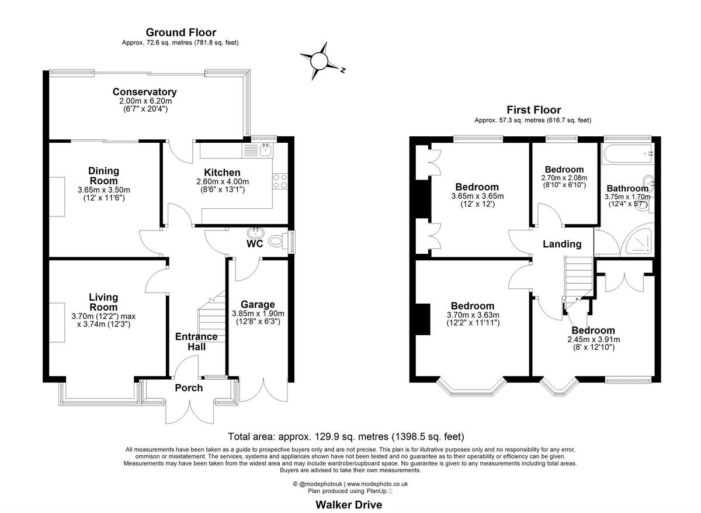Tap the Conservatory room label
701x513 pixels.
click(144, 92)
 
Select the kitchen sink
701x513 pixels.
click(266, 150)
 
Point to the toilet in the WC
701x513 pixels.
click(277, 240)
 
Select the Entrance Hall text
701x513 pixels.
click(196, 342)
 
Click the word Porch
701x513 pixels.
click(189, 388)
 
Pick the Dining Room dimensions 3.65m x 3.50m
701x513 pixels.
click(103, 190)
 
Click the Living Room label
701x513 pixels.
click(103, 302)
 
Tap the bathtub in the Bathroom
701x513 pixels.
click(628, 153)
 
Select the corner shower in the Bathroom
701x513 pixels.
click(637, 240)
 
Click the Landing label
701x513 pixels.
click(562, 244)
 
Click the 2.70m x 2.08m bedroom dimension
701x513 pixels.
click(564, 178)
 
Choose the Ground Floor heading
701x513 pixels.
click(181, 32)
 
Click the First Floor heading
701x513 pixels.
click(533, 110)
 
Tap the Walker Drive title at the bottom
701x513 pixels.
click(349, 504)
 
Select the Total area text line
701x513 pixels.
click(346, 436)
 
